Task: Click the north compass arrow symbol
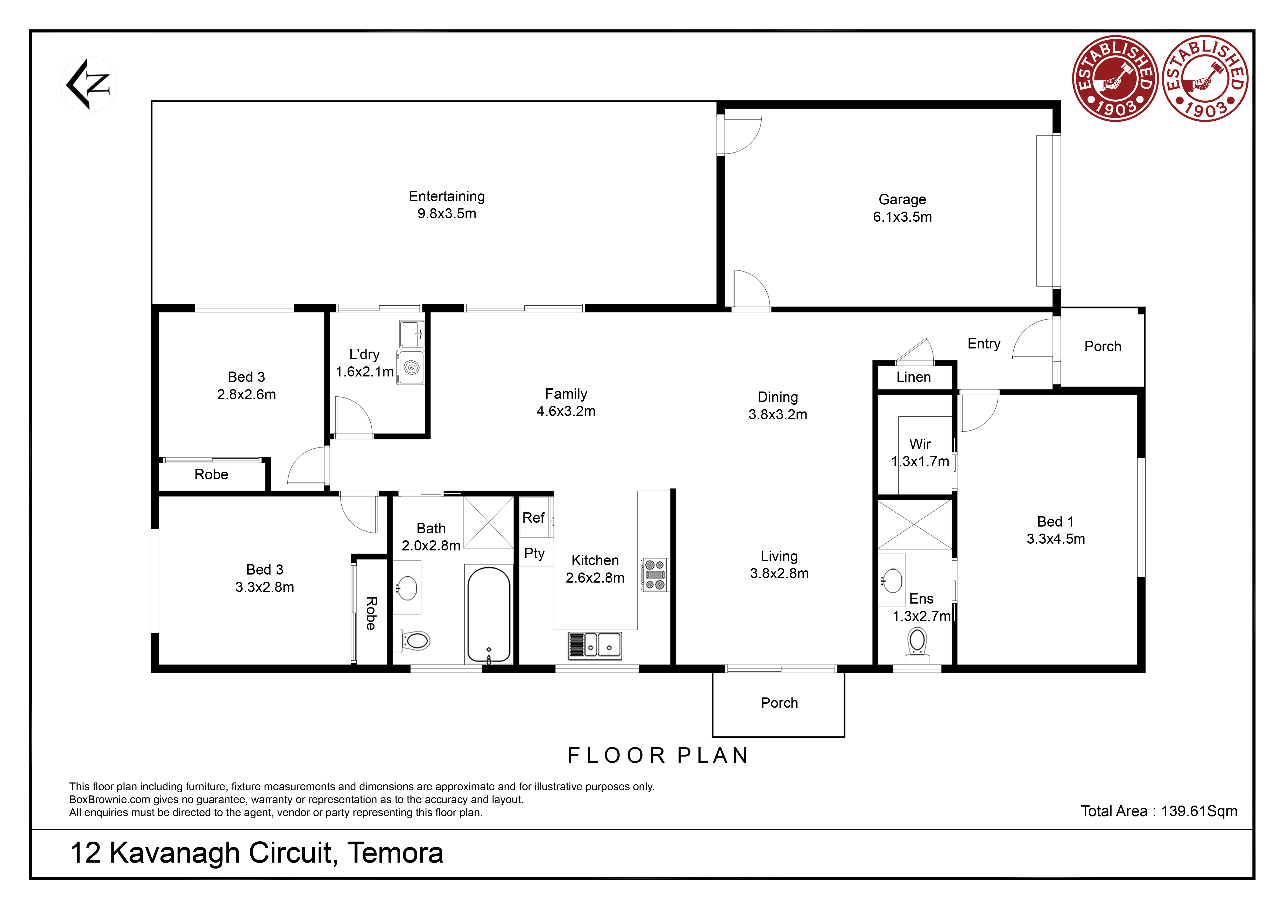(x=88, y=84)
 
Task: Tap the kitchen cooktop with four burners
(x=654, y=574)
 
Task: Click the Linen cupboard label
(x=913, y=377)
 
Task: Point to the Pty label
(x=534, y=554)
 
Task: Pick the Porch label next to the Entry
(x=1103, y=346)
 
